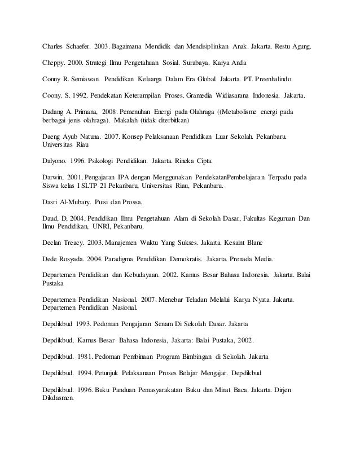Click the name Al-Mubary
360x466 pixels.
(77, 203)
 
